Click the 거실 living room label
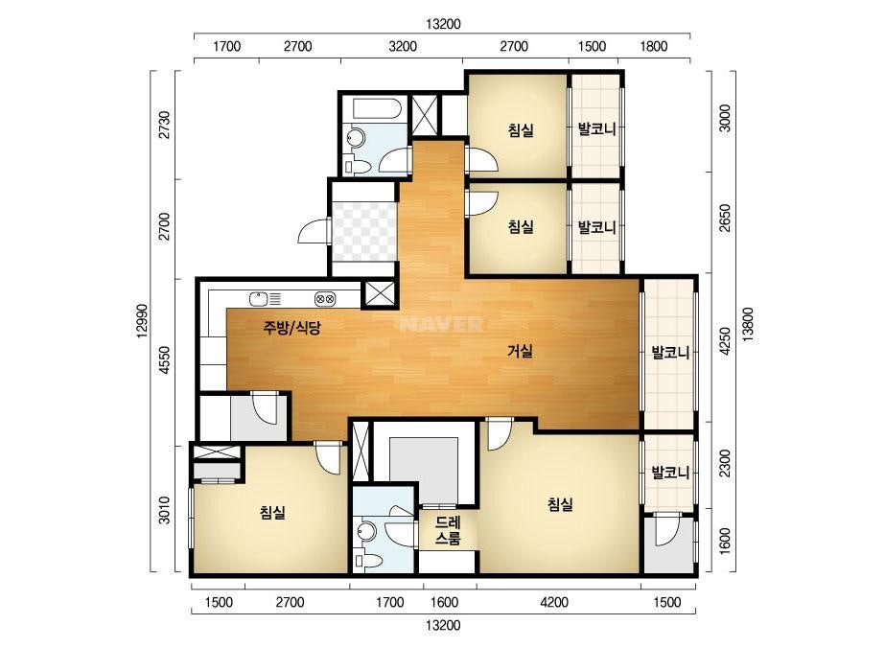click(520, 351)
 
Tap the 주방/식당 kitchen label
click(291, 327)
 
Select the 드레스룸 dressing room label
click(448, 530)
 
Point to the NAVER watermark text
click(441, 324)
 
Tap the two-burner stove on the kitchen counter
click(325, 299)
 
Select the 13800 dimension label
click(748, 325)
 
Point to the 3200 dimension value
click(403, 46)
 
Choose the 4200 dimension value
click(554, 602)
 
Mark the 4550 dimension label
click(164, 360)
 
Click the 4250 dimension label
click(725, 341)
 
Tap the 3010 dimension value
click(164, 510)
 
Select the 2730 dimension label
click(164, 125)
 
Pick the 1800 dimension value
click(654, 46)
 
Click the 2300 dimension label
click(725, 463)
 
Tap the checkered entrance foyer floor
click(364, 231)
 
